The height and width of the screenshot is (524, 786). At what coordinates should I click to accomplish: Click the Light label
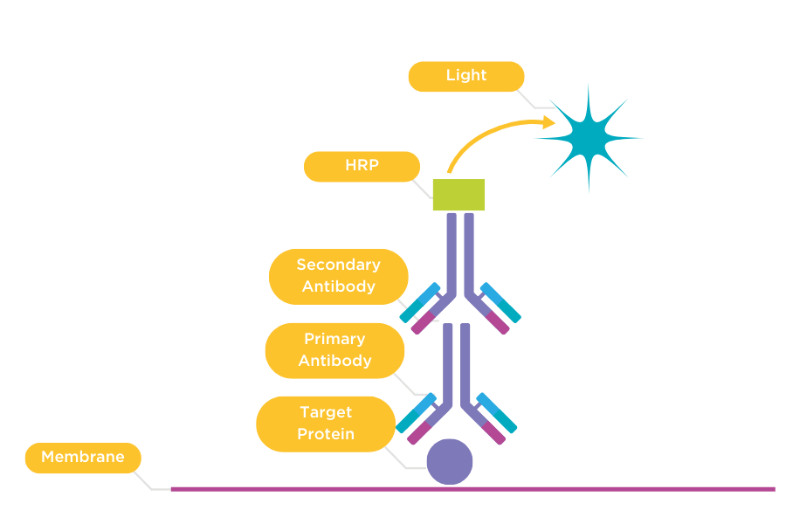465,76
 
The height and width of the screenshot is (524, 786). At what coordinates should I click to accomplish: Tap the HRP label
362,166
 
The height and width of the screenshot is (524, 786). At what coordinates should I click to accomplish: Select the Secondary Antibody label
338,276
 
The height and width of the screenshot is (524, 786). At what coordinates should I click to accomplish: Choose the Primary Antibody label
334,350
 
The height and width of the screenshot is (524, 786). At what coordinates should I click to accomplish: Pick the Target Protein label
326,424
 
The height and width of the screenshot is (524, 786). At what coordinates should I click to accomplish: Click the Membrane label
83,458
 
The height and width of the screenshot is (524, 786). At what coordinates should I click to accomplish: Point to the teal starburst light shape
588,136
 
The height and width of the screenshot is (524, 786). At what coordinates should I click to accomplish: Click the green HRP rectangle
458,195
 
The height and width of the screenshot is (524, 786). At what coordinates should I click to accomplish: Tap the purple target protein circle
450,462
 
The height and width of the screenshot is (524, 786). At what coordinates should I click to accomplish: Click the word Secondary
338,265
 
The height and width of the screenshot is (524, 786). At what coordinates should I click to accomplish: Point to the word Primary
334,339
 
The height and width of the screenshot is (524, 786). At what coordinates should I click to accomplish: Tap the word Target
326,412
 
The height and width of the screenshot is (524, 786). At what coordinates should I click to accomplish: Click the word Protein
326,435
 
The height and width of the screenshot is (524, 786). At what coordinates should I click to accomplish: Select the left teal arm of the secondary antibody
420,302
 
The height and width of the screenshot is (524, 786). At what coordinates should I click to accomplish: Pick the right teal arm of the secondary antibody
500,302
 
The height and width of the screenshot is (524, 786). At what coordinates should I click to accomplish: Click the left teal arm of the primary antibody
416,413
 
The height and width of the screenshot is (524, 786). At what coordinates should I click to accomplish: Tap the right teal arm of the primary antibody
497,413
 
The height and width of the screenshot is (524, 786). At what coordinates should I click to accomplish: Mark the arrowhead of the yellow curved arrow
548,121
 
